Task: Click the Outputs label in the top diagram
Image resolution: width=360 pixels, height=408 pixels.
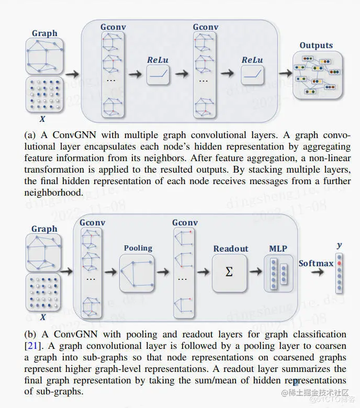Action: point(316,45)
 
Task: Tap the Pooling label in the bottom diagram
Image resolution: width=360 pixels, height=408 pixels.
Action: point(138,248)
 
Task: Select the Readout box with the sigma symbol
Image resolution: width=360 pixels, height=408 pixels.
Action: point(229,273)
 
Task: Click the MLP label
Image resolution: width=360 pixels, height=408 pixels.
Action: point(278,248)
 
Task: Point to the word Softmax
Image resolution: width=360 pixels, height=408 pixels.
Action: point(316,263)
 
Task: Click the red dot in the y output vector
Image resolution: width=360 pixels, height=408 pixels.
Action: point(340,263)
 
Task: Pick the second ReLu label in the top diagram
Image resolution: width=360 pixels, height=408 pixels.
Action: point(252,60)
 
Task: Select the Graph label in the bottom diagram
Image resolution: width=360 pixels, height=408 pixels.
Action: point(44,229)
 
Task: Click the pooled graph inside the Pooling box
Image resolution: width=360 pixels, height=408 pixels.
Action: point(138,273)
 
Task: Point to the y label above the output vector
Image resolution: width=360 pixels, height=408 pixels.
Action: point(340,245)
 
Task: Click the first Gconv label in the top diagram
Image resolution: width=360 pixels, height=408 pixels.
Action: point(113,27)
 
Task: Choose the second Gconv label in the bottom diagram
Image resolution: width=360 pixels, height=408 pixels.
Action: point(185,222)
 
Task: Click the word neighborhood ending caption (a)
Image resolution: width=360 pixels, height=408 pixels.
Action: point(54,192)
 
